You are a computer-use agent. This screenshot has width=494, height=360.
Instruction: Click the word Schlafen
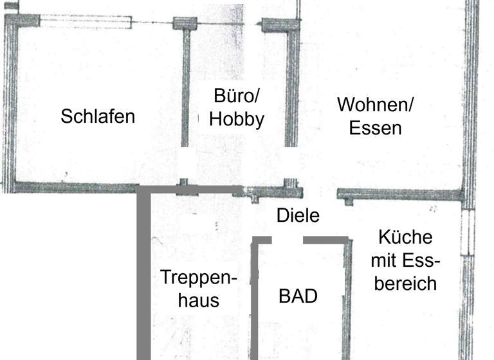click(x=98, y=116)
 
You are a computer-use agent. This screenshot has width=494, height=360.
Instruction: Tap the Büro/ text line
click(x=236, y=97)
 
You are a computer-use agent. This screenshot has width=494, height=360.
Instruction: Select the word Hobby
click(x=237, y=119)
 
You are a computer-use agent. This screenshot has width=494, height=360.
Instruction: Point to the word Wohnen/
click(x=376, y=104)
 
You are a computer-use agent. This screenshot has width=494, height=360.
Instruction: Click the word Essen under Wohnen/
click(x=376, y=128)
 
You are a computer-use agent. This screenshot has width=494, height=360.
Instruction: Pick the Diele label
click(x=298, y=215)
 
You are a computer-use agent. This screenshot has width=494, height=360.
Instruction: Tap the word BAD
click(x=298, y=296)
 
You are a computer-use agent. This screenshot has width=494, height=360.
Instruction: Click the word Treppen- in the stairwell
click(x=199, y=278)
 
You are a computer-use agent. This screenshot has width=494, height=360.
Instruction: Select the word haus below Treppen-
click(x=199, y=300)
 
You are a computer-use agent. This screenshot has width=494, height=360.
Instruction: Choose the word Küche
click(x=405, y=237)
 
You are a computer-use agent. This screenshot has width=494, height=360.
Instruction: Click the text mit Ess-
click(x=405, y=260)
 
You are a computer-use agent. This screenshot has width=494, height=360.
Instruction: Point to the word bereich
click(x=405, y=283)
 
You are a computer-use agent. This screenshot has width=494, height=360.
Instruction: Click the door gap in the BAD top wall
click(x=287, y=240)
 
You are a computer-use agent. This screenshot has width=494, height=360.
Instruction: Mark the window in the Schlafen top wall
click(x=86, y=21)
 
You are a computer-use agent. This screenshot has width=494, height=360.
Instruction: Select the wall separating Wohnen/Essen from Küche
click(x=399, y=194)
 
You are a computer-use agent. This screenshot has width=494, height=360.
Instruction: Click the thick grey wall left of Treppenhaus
click(x=143, y=276)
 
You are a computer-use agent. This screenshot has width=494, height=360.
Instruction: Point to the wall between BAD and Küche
click(x=348, y=296)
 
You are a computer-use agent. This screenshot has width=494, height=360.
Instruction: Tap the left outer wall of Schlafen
click(x=8, y=103)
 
